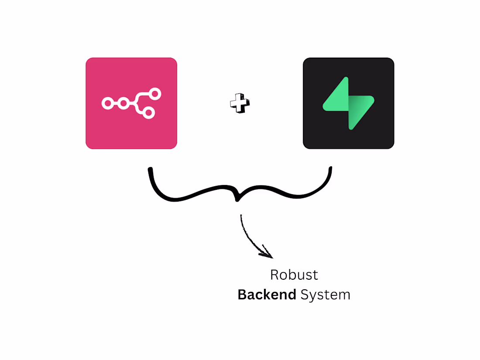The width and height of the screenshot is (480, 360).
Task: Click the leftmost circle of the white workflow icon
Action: tap(107, 103)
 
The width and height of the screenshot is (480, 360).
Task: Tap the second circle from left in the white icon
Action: tap(123, 103)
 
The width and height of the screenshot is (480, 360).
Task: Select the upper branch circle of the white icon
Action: tap(155, 94)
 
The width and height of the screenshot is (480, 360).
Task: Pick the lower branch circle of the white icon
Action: tap(148, 113)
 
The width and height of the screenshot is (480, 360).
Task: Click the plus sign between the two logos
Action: tap(240, 103)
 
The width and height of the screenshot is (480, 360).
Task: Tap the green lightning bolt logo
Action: tap(349, 103)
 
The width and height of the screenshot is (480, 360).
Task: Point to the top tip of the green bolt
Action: tap(346, 79)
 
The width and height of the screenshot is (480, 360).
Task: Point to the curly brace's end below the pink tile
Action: tap(150, 169)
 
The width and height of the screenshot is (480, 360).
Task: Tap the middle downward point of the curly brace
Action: tap(237, 200)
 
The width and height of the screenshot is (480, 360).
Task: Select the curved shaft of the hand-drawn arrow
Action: tap(244, 231)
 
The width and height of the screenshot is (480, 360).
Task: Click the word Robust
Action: tap(294, 275)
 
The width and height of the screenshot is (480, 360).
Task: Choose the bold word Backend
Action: tap(267, 295)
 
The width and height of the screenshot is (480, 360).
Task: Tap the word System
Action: tap(325, 295)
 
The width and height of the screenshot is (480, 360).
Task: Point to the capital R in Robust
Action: tap(274, 275)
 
